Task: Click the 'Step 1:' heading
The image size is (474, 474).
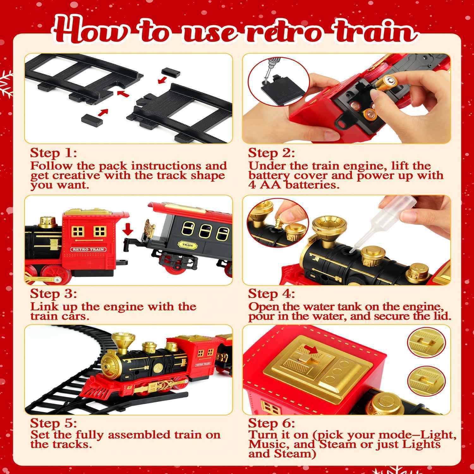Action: (x=53, y=153)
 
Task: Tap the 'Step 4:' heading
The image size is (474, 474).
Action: (x=271, y=294)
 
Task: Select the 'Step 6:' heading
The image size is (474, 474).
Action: (x=271, y=423)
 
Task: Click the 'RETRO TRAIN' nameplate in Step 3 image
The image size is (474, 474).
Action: (x=88, y=249)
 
